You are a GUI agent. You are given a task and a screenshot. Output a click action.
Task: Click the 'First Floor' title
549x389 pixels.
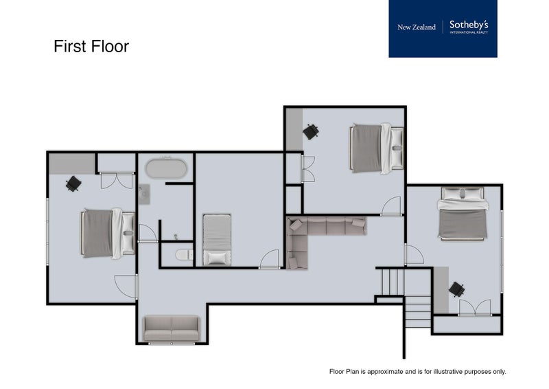coord(91,47)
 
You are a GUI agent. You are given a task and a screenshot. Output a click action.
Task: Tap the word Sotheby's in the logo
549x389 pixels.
coord(469,25)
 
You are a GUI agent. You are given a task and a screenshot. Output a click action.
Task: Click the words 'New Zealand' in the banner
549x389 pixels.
coord(417,27)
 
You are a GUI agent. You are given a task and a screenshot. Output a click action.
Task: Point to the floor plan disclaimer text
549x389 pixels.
coord(417,371)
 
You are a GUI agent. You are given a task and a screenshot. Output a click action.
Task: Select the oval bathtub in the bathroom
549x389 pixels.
coord(165,168)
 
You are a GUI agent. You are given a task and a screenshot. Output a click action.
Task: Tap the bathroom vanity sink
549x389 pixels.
coord(144,194)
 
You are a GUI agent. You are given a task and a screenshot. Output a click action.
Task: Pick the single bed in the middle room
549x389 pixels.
coord(217,239)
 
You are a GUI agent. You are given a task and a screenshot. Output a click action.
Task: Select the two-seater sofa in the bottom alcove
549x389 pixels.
coord(172,329)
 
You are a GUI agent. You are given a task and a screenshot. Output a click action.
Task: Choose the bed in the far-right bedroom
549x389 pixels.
coord(463,214)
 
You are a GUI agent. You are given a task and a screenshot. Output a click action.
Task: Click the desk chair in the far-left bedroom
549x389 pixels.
coord(73,184)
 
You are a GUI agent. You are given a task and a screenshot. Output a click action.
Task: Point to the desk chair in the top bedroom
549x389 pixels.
coord(311,131)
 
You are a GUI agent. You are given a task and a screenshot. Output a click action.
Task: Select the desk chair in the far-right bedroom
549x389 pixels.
coord(456,289)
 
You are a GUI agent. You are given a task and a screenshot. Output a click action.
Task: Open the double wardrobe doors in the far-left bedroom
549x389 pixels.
coord(116,180)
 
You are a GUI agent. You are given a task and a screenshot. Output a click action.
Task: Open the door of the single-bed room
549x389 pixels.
coord(270,259)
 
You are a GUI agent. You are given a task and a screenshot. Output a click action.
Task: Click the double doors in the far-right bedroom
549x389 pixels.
coord(475,307)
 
